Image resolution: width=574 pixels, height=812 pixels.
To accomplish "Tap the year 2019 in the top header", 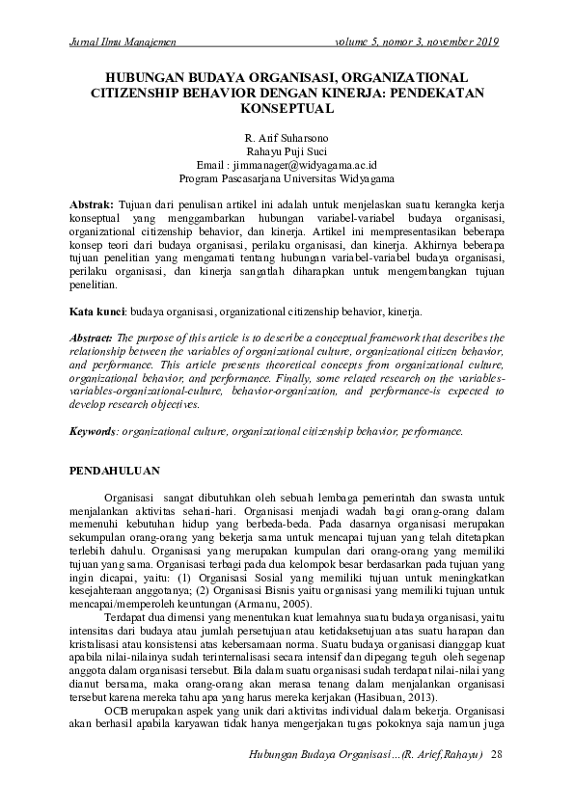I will point(487,41).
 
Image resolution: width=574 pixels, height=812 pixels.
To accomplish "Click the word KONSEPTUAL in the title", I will point(287,110).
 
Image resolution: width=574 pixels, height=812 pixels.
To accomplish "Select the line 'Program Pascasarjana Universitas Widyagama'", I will point(287,179).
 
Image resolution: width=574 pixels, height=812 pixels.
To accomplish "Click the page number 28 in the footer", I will point(497,752).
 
